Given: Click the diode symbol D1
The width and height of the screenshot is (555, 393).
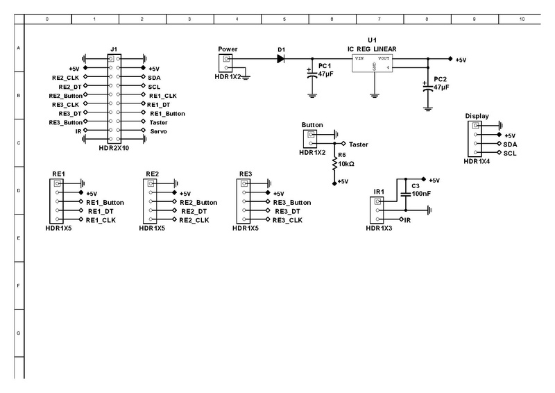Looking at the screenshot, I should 280,59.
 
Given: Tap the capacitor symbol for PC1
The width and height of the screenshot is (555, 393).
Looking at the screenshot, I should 311,73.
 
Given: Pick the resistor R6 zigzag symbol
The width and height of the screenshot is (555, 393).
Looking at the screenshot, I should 334,164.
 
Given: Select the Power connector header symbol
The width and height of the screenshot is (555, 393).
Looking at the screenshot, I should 226,62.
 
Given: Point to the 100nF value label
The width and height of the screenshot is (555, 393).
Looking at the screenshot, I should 421,194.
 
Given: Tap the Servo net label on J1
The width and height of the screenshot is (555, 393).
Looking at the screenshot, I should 157,131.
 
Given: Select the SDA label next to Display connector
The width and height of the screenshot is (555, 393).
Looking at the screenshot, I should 511,144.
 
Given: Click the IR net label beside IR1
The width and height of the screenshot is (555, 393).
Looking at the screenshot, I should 408,220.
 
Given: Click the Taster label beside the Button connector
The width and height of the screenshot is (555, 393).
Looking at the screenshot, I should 359,144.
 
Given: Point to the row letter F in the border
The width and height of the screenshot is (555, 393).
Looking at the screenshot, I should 17,285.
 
